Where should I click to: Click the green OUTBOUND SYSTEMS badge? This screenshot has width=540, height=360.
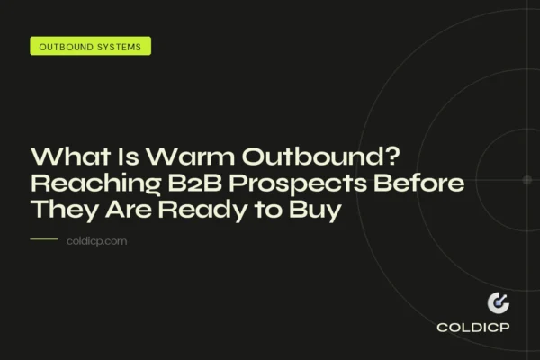pyautogui.click(x=90, y=46)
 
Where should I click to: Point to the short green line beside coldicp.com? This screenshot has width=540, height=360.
pyautogui.click(x=43, y=240)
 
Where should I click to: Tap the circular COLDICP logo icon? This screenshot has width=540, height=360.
pyautogui.click(x=498, y=303)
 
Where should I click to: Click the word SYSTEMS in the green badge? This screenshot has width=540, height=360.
pyautogui.click(x=118, y=46)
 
